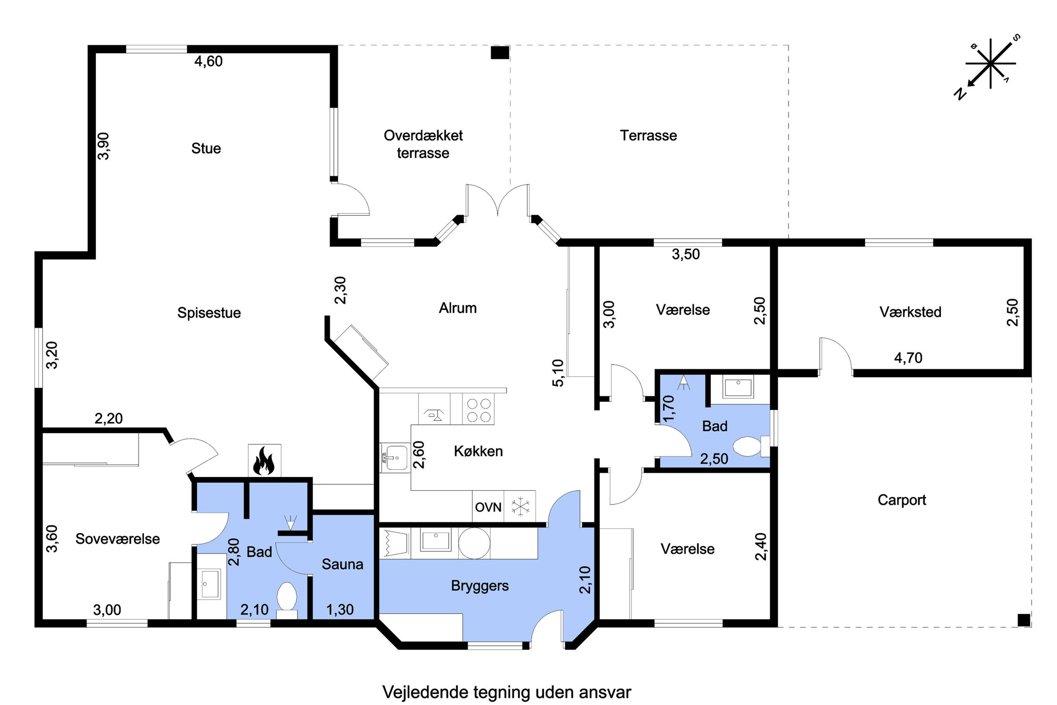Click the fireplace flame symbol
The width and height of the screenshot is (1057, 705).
point(264,461)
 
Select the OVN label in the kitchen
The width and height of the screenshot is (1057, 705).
point(488,507)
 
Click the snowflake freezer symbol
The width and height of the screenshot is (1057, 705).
point(520,506)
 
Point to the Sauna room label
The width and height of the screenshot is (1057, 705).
point(342,564)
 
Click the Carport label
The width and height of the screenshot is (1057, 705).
point(901,500)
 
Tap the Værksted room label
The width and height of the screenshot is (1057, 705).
point(910,312)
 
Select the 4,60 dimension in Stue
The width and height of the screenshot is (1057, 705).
point(208,61)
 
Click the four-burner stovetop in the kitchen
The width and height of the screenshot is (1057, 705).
point(478,410)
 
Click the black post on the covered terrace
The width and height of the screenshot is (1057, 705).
point(500,53)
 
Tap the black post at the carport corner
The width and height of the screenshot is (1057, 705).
point(1023,620)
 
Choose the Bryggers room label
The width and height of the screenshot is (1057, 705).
point(479,586)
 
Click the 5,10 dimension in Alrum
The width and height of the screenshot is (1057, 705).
point(557,372)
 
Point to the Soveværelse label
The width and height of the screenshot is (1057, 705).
point(117,539)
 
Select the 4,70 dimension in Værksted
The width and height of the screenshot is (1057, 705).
point(908,358)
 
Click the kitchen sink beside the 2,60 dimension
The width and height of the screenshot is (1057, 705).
point(395,458)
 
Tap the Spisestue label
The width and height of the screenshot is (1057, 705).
point(209,313)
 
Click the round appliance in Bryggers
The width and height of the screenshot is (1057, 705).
point(474,543)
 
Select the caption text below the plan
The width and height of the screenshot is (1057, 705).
point(507,692)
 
